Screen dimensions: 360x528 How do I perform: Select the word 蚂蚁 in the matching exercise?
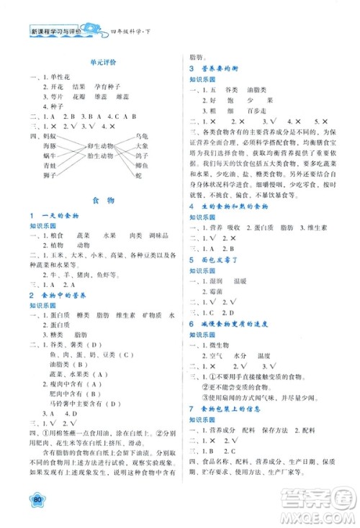tap(49, 135)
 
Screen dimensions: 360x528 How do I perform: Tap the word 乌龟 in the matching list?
tap(141, 135)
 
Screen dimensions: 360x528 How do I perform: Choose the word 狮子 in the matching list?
tap(49, 175)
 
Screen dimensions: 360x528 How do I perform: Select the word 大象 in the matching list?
tap(141, 145)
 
